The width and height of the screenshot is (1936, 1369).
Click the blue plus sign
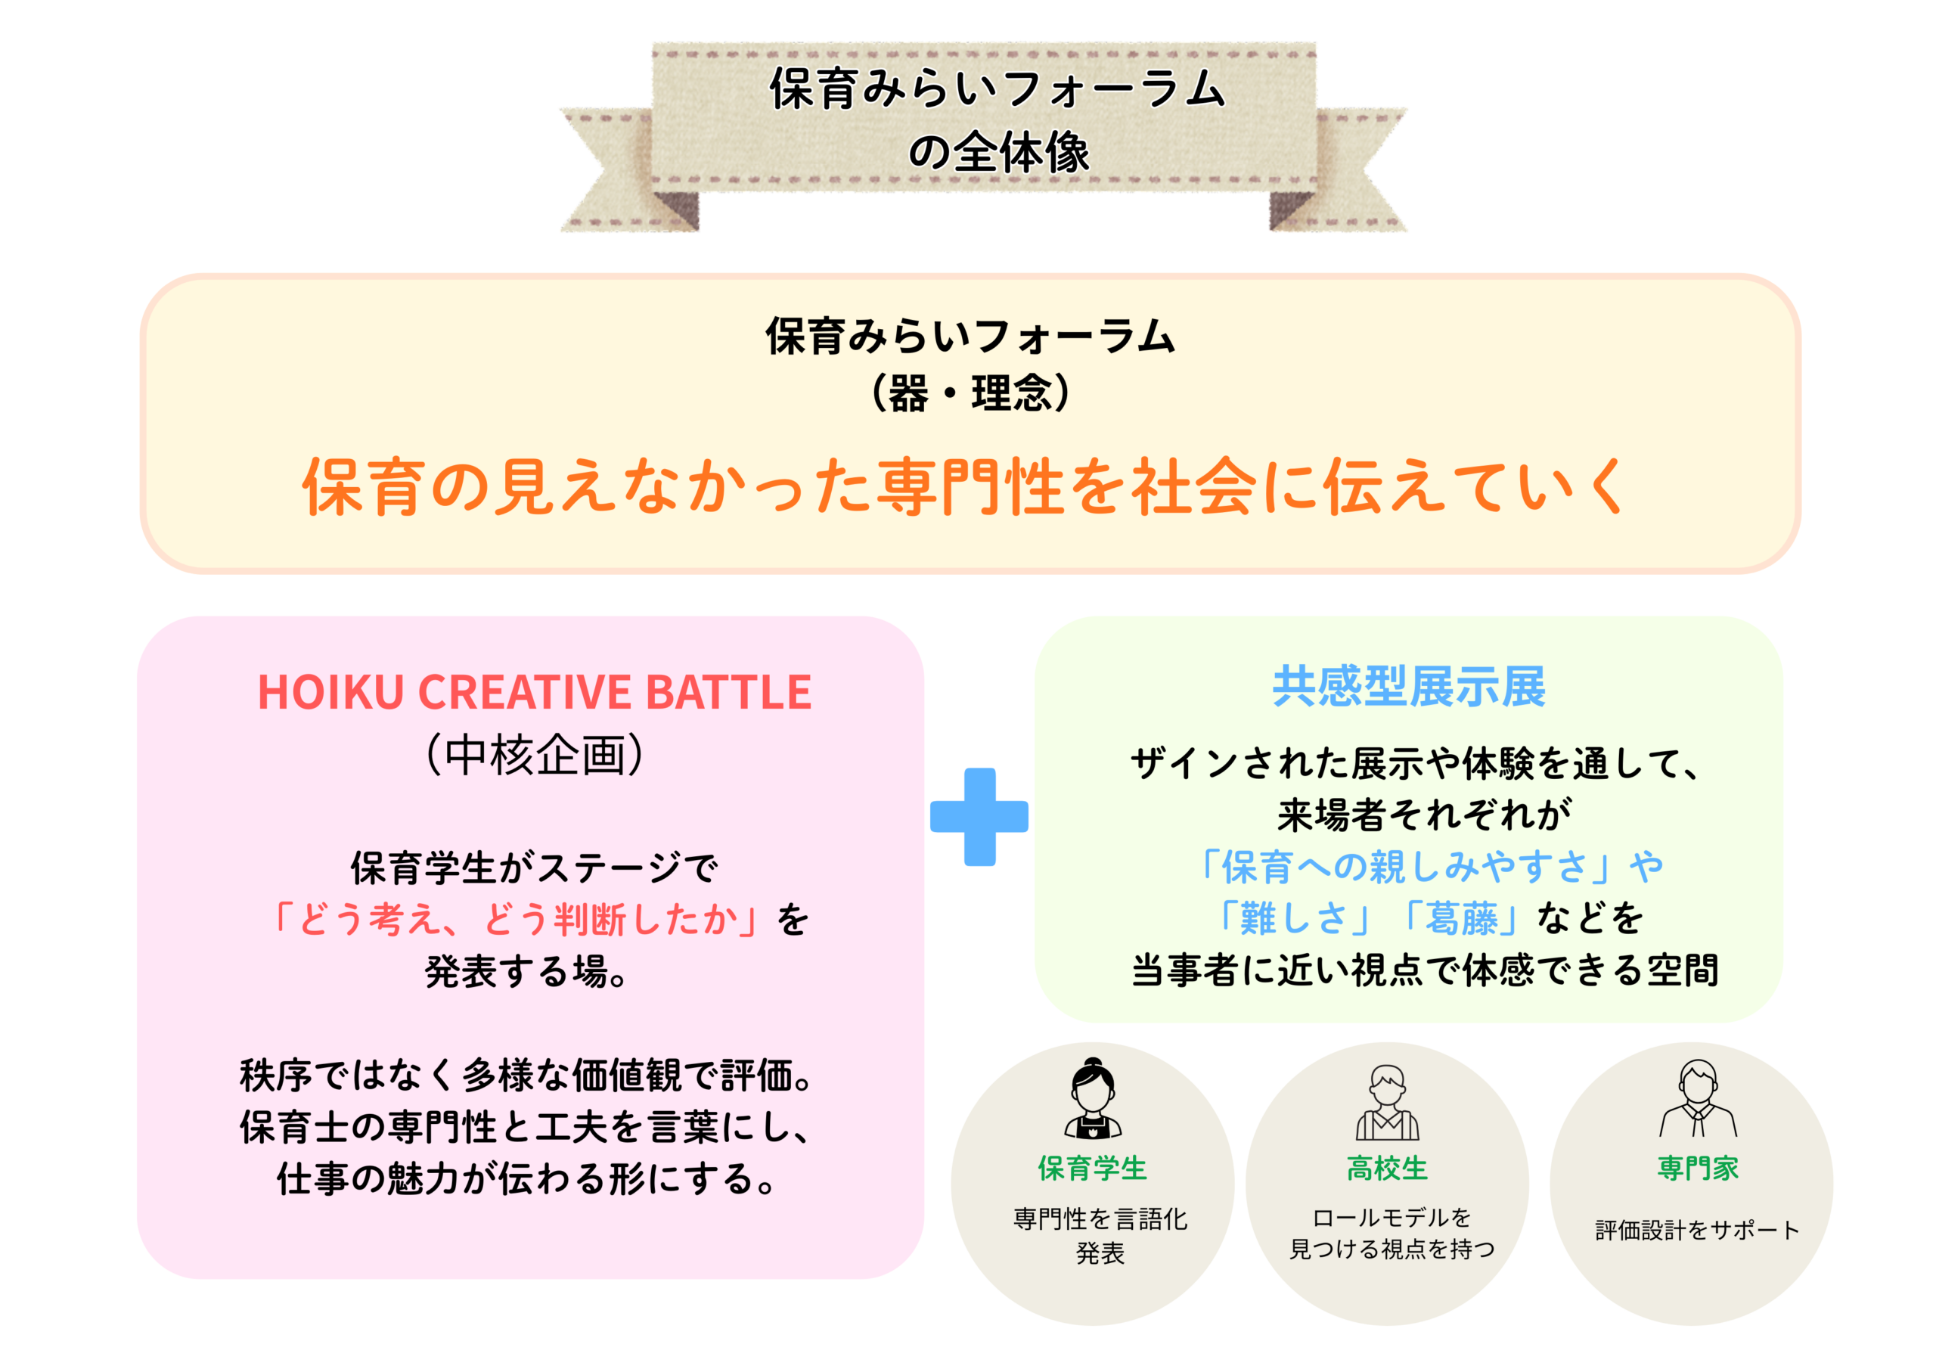979,817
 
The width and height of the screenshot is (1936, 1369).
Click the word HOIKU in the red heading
331,693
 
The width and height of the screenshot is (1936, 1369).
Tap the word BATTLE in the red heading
728,693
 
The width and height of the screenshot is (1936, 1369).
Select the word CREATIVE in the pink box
526,693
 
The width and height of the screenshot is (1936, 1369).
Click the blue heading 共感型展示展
1409,686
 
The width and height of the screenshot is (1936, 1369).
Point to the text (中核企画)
535,754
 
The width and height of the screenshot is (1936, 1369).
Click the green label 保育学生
1093,1169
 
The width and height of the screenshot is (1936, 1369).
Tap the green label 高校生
1387,1169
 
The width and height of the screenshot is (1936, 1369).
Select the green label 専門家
1699,1169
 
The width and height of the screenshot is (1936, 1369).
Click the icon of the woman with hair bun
1093,1098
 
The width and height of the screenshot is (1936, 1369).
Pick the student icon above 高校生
1387,1101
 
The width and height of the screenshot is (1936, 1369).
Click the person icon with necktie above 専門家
1699,1098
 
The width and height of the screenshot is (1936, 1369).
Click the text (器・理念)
970,393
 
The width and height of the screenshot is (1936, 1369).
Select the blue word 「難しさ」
1293,917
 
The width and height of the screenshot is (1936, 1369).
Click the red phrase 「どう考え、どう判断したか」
514,918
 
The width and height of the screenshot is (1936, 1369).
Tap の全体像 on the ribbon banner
998,153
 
